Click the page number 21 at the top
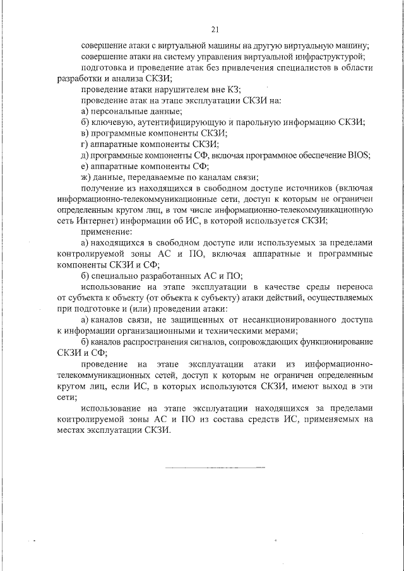pyautogui.click(x=215, y=29)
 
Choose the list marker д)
pyautogui.click(x=85, y=155)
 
